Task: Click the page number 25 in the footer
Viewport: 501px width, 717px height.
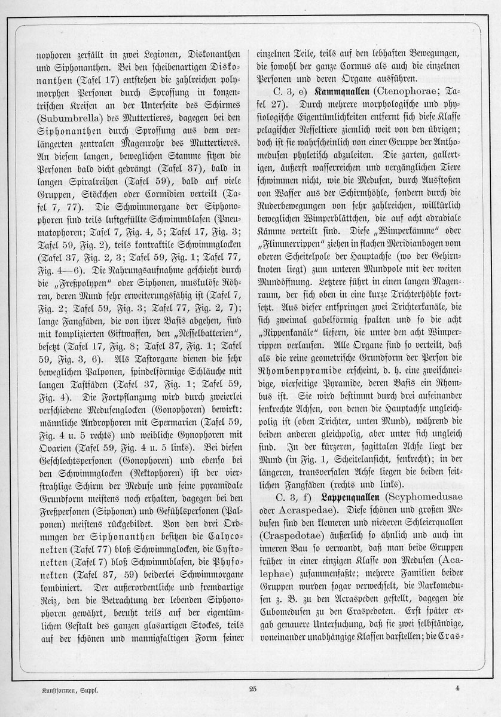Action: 252,689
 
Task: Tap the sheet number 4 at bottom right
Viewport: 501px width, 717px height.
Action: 456,688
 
